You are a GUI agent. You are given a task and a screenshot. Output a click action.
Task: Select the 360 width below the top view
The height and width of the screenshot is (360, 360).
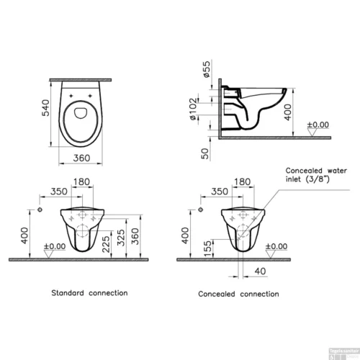86,160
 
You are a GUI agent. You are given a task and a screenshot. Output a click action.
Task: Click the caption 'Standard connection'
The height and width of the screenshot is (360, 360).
89,293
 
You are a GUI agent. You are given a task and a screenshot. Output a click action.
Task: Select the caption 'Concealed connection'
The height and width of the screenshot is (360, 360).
238,294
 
